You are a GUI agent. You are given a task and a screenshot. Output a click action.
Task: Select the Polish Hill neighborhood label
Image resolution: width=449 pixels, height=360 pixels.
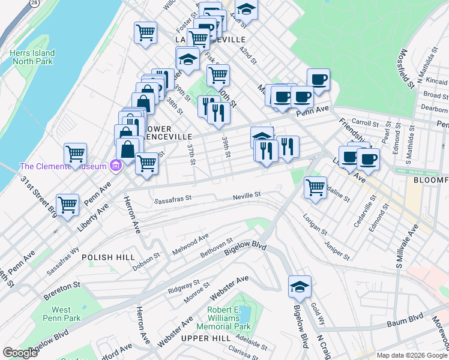(109, 257)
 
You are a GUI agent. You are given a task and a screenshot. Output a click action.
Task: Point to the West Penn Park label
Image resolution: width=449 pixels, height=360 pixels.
(57, 314)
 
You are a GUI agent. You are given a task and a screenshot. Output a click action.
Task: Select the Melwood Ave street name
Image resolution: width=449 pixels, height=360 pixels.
(190, 242)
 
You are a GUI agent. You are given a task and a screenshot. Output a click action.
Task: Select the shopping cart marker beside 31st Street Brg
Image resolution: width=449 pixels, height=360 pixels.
(68, 205)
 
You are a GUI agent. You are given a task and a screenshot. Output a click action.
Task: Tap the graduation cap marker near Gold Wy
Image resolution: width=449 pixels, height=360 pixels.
(300, 287)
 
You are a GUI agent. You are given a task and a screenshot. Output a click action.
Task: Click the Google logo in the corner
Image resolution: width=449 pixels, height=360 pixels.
(20, 353)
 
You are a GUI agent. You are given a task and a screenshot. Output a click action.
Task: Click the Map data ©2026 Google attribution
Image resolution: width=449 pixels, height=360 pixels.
(412, 355)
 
